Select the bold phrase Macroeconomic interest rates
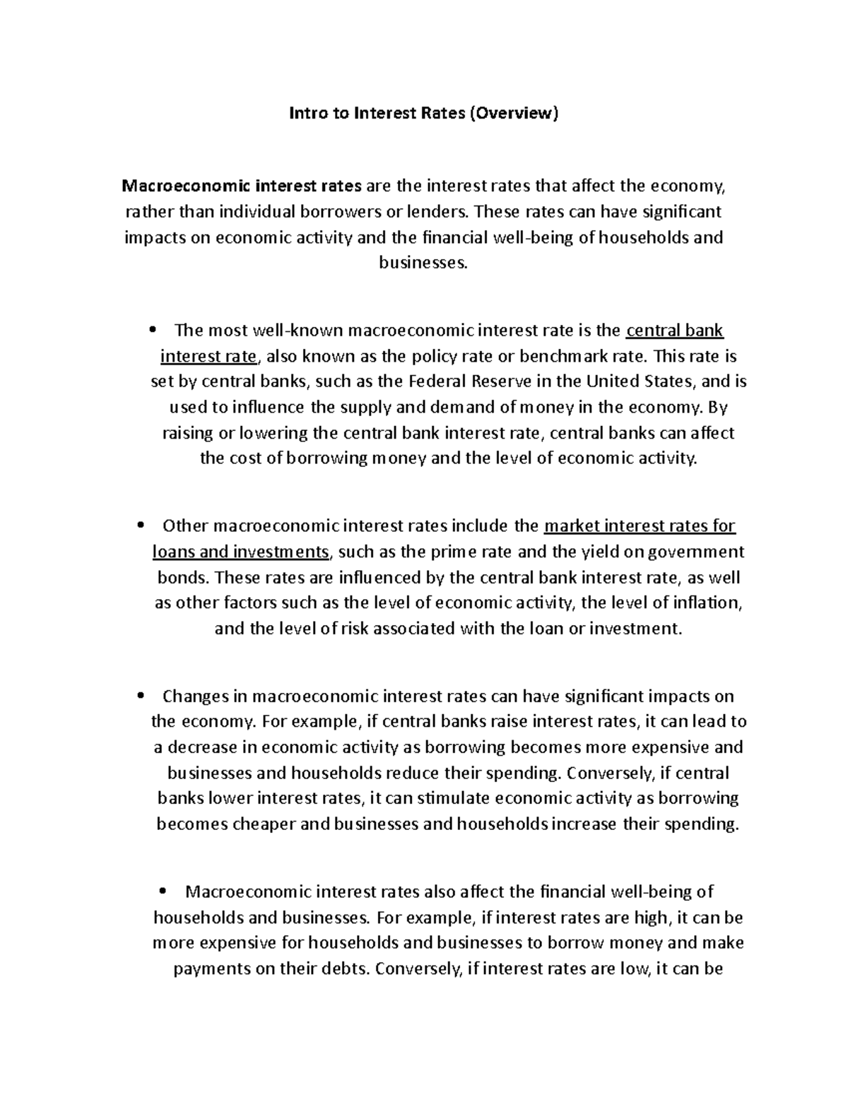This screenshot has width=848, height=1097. point(242,186)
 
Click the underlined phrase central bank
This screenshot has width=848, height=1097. point(675,331)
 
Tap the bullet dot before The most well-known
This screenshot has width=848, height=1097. point(153,331)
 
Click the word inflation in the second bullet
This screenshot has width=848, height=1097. point(705,603)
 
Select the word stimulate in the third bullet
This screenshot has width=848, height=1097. point(452,799)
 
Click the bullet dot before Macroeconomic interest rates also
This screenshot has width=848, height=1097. point(163,892)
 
